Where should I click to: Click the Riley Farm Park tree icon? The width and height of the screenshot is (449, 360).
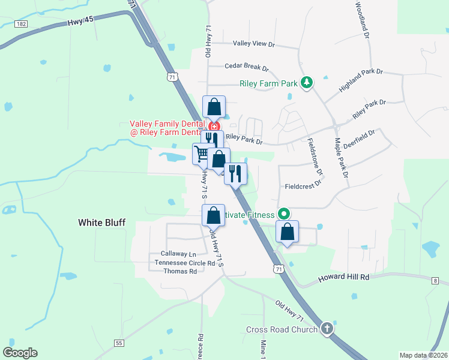(307, 82)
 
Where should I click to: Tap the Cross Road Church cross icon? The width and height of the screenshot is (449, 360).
(327, 328)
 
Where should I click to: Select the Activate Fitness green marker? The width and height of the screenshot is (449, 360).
(285, 214)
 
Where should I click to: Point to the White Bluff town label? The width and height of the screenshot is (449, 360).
(102, 223)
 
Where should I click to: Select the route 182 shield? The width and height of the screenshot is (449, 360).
(22, 23)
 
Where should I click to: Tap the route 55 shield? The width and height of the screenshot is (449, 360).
(120, 343)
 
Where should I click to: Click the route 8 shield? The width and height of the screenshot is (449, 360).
(435, 280)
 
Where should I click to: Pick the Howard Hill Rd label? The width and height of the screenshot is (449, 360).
(342, 277)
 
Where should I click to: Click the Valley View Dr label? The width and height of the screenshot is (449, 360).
(253, 44)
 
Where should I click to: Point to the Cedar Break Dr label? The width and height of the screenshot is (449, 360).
(246, 68)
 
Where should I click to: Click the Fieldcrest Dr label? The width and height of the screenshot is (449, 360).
(304, 186)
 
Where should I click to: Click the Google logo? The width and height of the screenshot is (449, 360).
(20, 353)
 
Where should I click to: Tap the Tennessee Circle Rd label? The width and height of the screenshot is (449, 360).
(184, 263)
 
